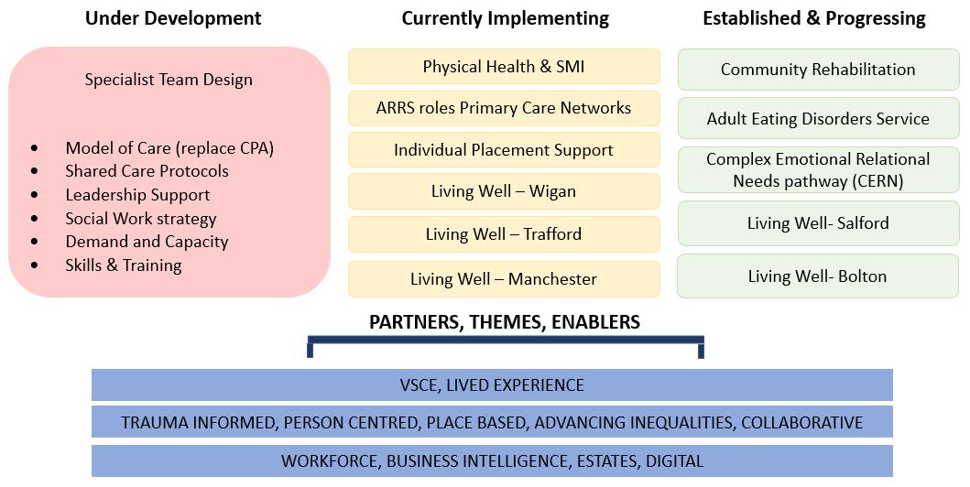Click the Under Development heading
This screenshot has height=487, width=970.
tap(173, 18)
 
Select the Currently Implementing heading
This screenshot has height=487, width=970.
tap(505, 18)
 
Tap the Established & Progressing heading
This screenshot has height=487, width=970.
tap(814, 18)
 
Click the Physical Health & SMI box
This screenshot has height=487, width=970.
tap(504, 67)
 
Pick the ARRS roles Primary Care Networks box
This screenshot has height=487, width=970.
tap(504, 108)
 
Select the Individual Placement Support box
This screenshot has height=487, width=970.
tap(504, 150)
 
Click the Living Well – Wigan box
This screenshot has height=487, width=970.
tap(504, 191)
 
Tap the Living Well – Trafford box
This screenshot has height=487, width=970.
tap(504, 234)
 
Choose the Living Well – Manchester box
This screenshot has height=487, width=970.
tap(504, 279)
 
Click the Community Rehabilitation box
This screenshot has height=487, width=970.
tap(818, 70)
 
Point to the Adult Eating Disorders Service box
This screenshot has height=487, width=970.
tap(818, 119)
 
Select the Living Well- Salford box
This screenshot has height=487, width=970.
tap(818, 223)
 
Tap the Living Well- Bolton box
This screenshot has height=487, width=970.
tap(818, 276)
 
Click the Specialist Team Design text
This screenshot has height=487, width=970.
tap(169, 80)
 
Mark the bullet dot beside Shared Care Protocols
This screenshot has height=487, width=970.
tap(35, 171)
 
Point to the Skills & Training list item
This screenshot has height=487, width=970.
tap(124, 265)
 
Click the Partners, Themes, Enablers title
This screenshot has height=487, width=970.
tap(505, 322)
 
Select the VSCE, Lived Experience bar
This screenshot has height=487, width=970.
tap(492, 385)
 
